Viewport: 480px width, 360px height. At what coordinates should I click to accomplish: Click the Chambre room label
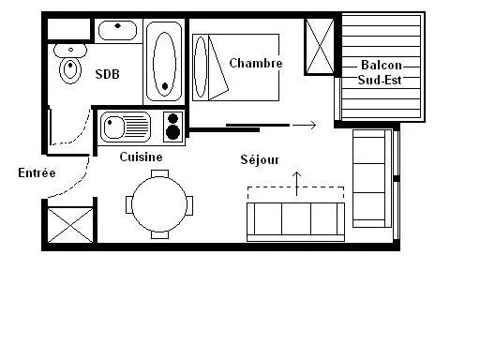256,63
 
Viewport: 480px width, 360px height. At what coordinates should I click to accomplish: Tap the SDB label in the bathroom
107,74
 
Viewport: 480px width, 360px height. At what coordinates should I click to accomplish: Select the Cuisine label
141,157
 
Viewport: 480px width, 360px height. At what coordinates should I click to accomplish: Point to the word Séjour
260,159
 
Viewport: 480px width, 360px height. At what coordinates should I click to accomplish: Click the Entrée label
37,172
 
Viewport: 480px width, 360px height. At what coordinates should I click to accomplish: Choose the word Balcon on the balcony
382,65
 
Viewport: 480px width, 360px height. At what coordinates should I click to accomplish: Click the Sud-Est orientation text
380,80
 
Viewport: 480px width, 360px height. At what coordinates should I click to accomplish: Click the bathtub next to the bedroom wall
164,61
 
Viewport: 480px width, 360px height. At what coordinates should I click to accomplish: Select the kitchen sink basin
113,127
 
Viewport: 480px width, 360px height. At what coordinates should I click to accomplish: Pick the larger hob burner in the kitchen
172,132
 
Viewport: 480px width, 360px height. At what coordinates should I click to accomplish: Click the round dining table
159,204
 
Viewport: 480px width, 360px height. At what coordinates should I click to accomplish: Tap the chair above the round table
159,173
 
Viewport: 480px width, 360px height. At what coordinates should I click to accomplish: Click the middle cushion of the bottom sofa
296,218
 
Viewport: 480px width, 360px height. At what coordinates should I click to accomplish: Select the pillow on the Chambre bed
201,67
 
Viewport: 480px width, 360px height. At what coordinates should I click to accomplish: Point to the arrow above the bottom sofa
296,184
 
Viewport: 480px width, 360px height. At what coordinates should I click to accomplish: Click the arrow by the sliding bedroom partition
304,125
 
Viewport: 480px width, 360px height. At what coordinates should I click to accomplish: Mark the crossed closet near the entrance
70,225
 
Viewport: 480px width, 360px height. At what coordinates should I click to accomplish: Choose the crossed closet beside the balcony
320,46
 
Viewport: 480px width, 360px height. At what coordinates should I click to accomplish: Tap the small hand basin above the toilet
70,50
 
